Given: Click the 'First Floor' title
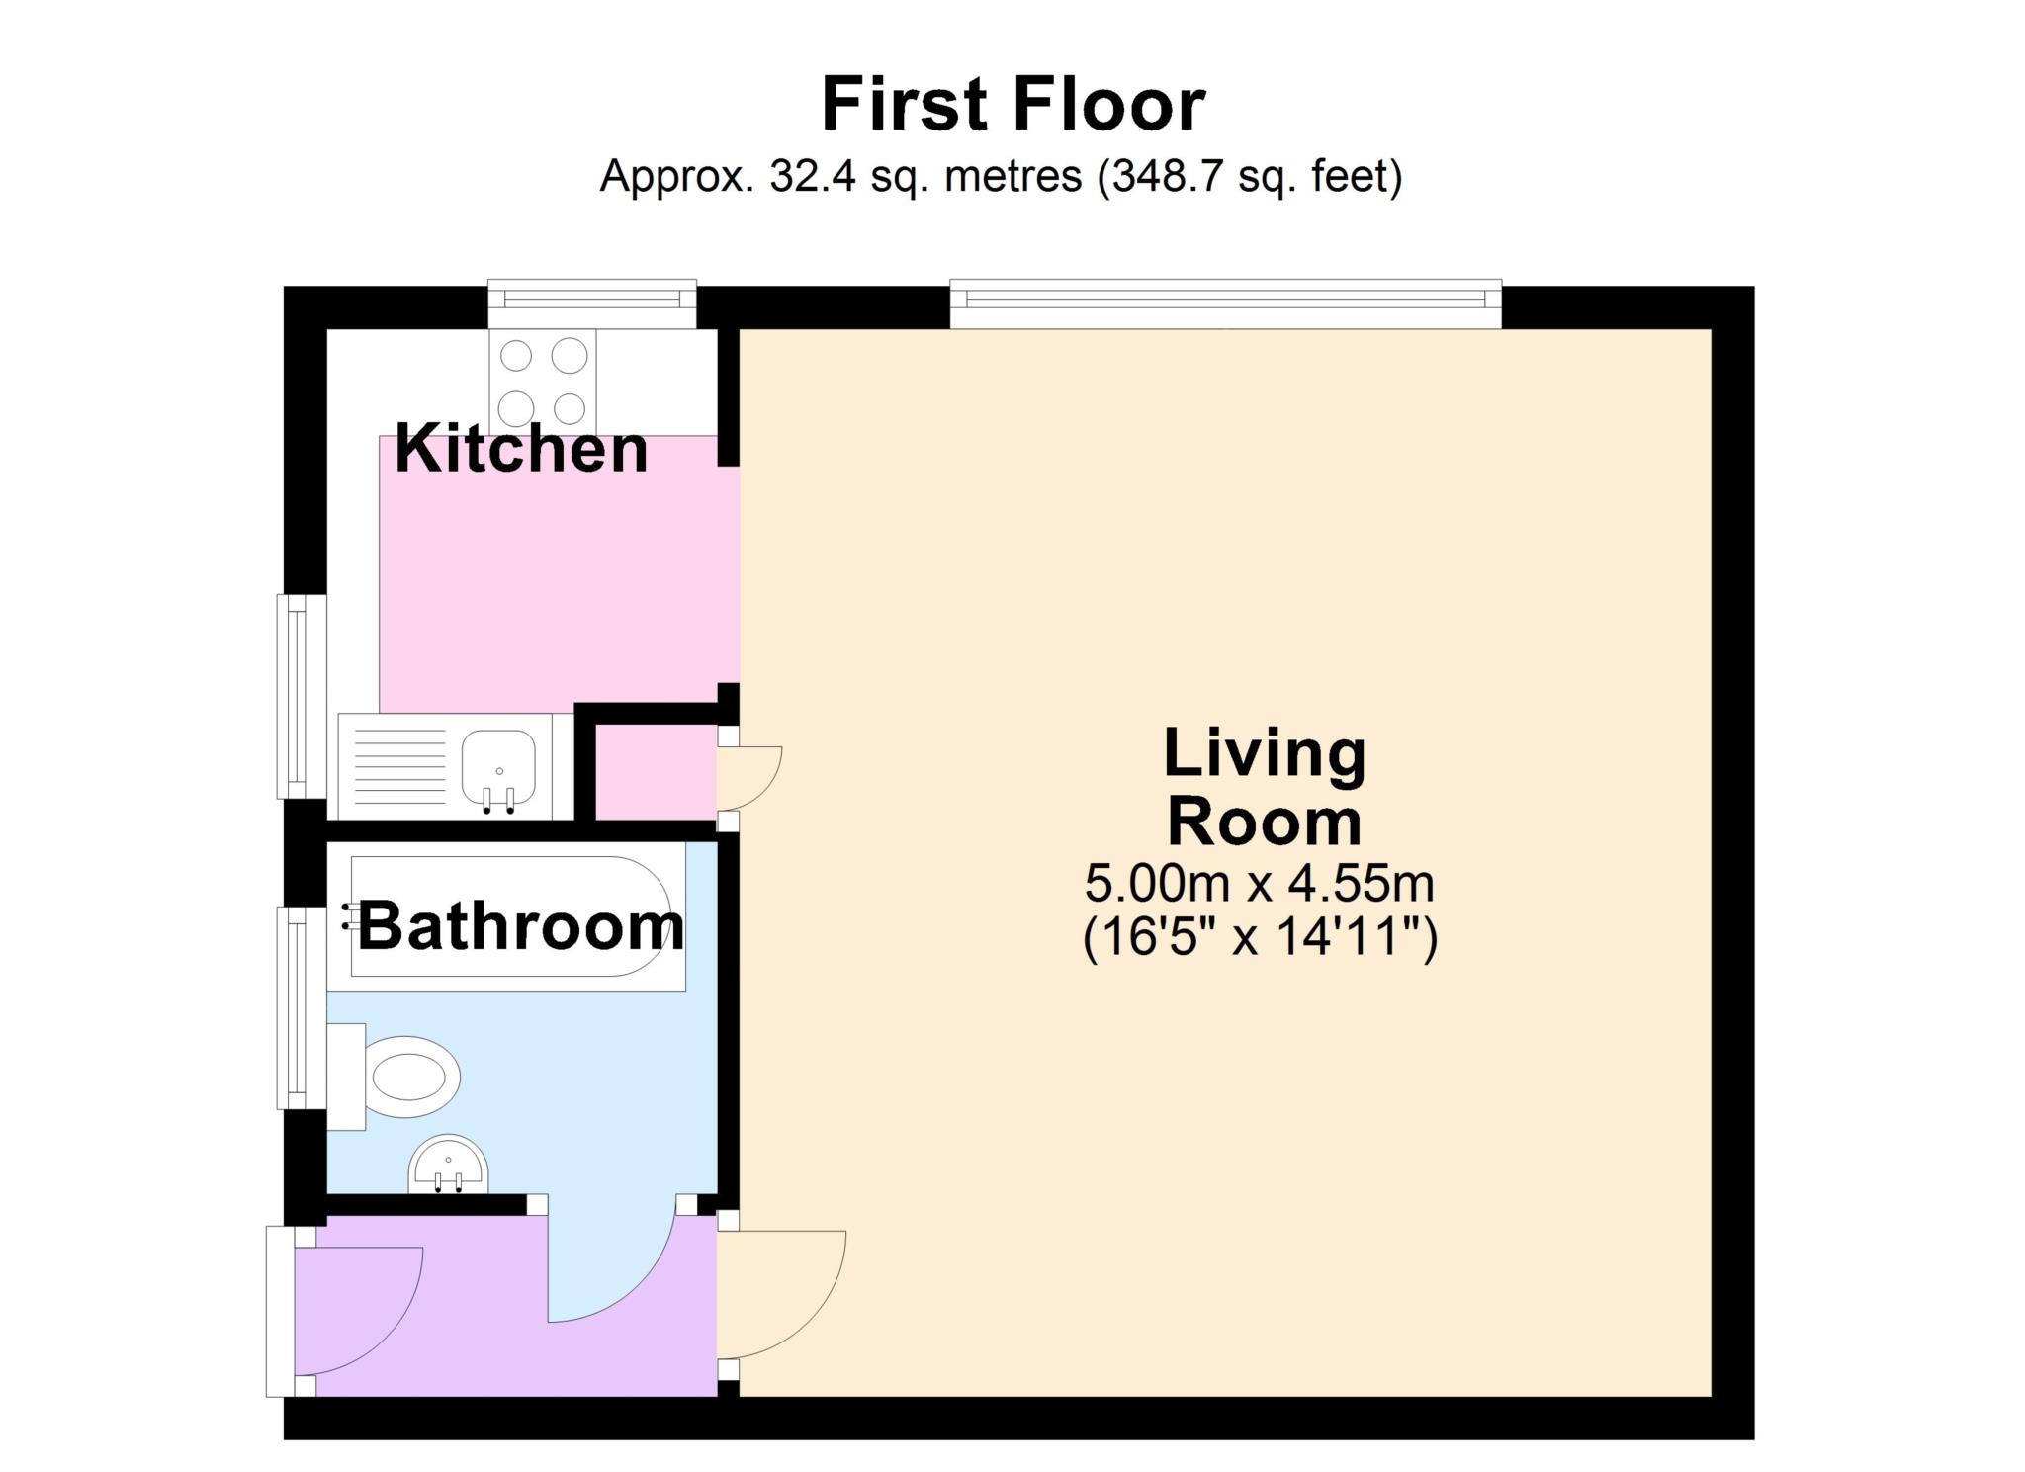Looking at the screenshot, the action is coord(1013,105).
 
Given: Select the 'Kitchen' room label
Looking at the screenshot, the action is coord(521,448).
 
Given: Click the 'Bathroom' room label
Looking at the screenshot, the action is coord(521,926).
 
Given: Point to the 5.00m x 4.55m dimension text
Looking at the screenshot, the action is coord(1260,883).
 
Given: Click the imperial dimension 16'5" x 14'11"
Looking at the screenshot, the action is coord(1260,936).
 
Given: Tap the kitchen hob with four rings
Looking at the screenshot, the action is coord(544,382).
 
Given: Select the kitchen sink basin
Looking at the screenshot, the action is coord(499,769).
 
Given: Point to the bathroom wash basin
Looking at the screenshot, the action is coord(448,1165).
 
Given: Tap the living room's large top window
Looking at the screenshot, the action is coord(1226,303).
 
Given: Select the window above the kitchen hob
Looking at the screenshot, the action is coord(592,303).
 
